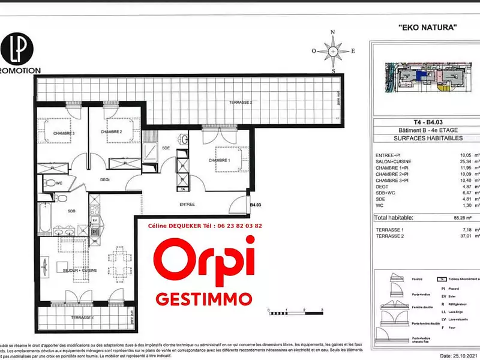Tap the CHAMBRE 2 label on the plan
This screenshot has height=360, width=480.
point(111,131)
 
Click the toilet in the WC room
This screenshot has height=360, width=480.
point(52,182)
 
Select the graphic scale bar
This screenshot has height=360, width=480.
point(296,313)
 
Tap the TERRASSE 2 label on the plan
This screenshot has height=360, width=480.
point(240,103)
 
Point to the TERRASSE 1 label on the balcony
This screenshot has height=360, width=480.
point(80,317)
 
